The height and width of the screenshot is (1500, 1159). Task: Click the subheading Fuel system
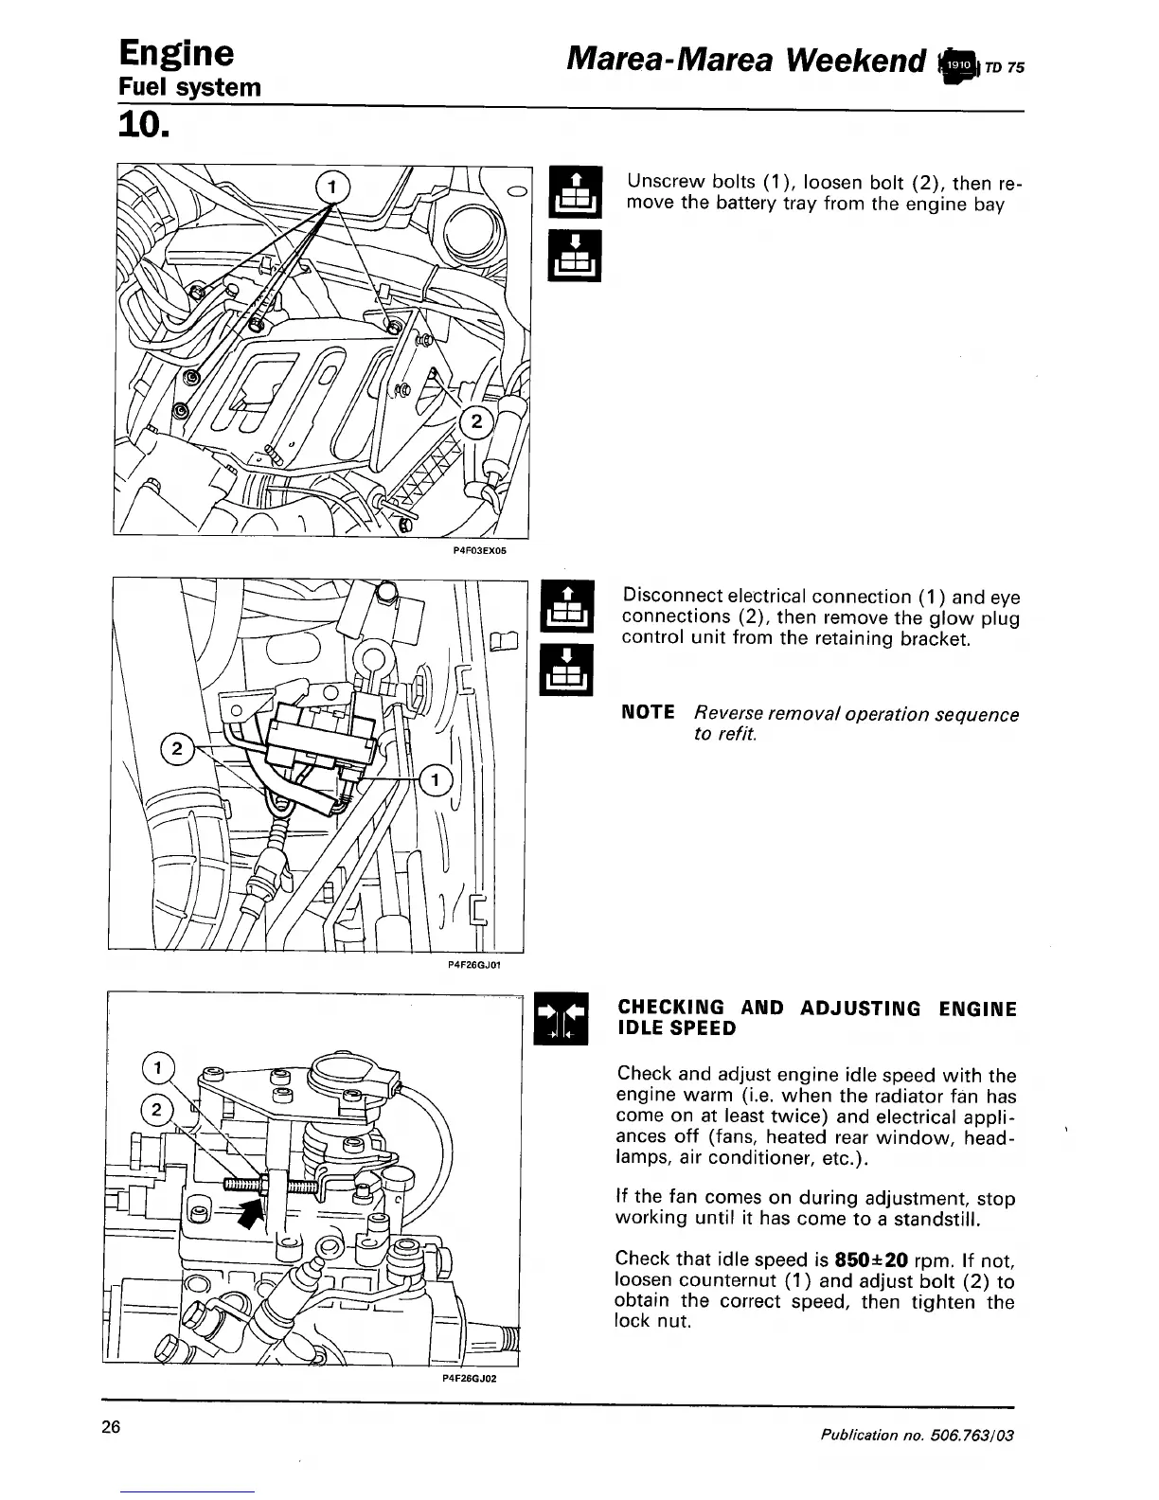point(188,88)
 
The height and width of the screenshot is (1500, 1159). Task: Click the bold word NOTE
point(648,712)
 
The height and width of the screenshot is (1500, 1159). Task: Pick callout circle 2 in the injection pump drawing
point(157,1108)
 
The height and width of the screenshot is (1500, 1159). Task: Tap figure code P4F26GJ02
point(470,1378)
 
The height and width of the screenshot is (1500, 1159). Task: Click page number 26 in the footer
point(113,1428)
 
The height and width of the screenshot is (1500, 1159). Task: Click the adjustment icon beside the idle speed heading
point(562,1018)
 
